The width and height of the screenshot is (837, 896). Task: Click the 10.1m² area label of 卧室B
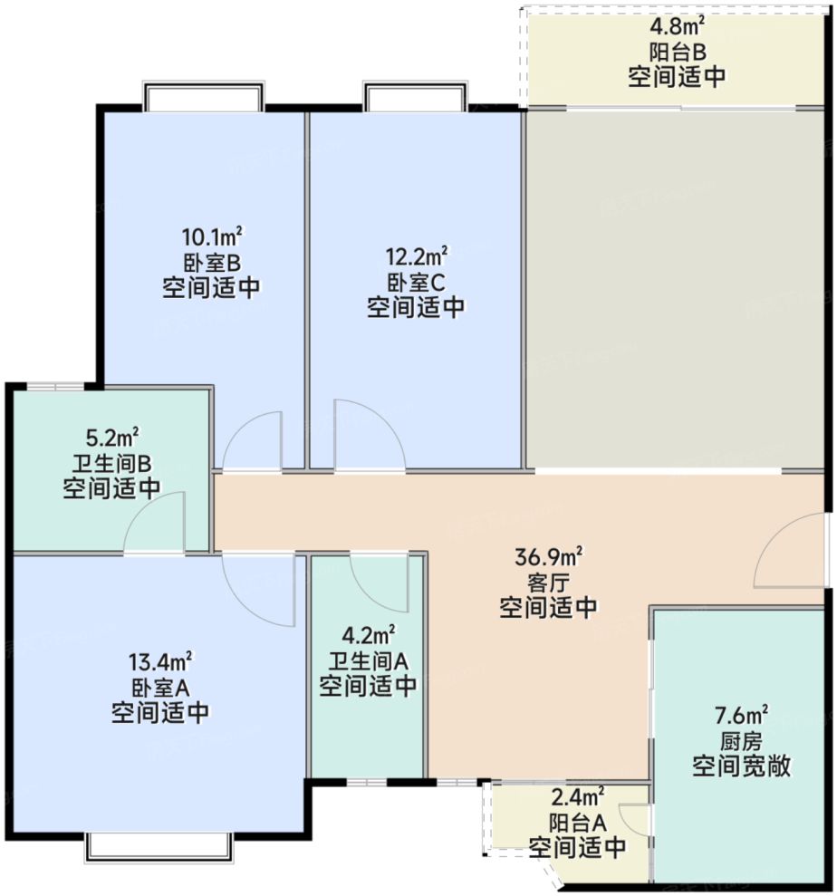point(212,239)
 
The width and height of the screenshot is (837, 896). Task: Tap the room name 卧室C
point(416,282)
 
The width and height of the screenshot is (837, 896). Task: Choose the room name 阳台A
point(577,824)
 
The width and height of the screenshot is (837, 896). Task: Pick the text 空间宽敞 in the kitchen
point(741,767)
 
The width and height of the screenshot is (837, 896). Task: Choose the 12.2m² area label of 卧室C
point(416,256)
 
